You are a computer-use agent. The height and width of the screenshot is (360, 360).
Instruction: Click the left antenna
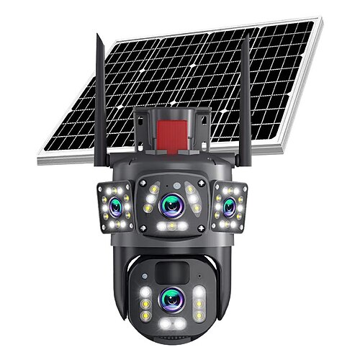coord(99,108)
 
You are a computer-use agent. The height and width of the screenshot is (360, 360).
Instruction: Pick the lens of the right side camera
coord(229,207)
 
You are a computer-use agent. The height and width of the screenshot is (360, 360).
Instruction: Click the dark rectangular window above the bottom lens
coord(171,271)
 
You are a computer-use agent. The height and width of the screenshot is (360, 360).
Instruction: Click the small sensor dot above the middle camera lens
coord(172,181)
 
